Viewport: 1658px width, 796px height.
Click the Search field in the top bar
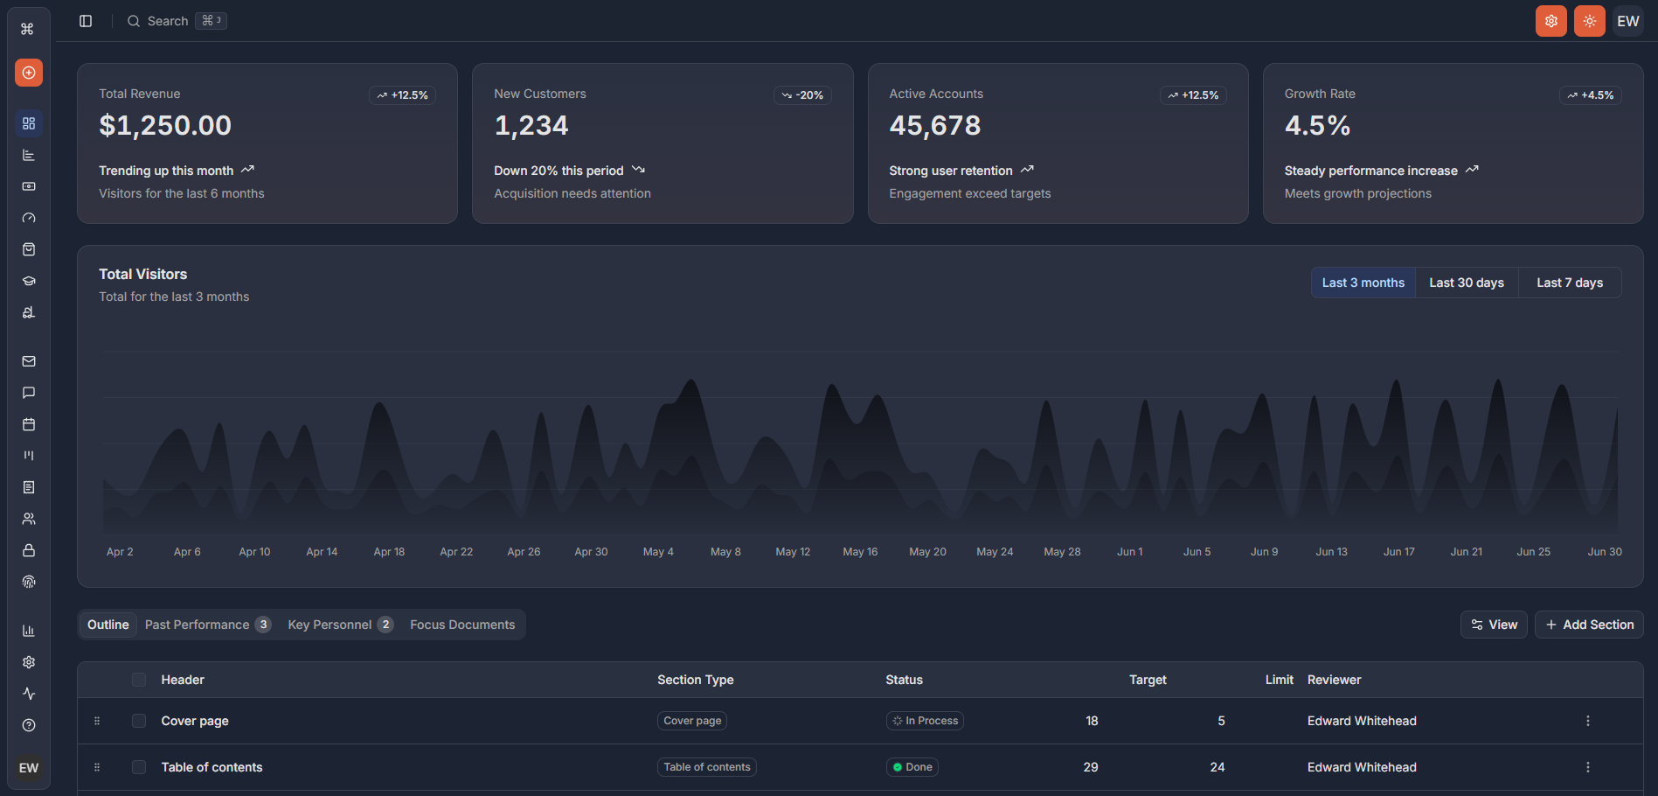[x=167, y=21]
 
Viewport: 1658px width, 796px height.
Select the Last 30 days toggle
[x=1466, y=283]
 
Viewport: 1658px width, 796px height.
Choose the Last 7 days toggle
[x=1569, y=283]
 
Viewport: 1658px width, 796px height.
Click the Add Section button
[x=1589, y=625]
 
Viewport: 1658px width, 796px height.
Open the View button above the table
[x=1494, y=625]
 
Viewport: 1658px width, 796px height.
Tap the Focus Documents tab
[x=462, y=625]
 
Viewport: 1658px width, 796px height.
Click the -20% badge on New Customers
[x=802, y=95]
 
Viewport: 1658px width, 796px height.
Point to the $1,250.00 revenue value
[x=165, y=126]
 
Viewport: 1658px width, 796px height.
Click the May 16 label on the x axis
[x=860, y=552]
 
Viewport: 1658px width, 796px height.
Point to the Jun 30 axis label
[x=1604, y=552]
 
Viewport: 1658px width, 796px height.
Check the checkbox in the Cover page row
[x=139, y=721]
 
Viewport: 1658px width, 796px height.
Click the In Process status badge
[x=925, y=721]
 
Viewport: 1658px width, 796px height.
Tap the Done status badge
[x=912, y=767]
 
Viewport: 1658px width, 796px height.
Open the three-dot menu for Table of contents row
[x=1587, y=767]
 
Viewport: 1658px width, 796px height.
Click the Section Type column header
[x=695, y=680]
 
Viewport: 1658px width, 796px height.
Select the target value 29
[x=1091, y=767]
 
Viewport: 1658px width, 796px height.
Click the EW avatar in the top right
[x=1627, y=21]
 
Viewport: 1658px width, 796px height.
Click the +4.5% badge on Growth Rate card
[x=1590, y=95]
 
